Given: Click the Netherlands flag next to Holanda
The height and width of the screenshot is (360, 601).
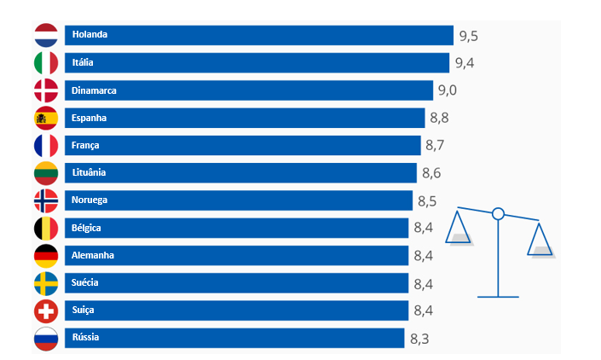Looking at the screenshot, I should tap(46, 36).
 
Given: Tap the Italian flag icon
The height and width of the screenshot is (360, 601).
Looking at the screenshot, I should tap(46, 63).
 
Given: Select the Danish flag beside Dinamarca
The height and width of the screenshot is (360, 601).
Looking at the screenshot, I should tap(46, 90).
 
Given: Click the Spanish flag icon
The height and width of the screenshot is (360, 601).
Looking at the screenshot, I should tap(46, 118).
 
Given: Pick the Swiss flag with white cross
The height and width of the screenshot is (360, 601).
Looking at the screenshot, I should tap(46, 311).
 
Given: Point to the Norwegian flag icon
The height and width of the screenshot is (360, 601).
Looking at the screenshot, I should tap(46, 200).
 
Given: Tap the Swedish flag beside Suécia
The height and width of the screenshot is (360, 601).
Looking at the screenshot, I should tap(46, 283).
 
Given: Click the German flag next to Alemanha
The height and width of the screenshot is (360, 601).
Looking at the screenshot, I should tap(46, 255).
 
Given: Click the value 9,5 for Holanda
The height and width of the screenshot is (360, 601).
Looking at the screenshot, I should tap(468, 36).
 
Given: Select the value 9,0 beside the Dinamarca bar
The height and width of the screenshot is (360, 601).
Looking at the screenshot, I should tap(448, 90).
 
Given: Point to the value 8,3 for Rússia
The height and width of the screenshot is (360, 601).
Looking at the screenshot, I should tap(419, 339).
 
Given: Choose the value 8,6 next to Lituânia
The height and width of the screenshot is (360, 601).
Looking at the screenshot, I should tap(431, 173).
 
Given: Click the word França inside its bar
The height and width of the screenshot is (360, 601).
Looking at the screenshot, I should tap(85, 145).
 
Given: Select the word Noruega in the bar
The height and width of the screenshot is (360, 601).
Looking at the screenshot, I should tap(90, 200).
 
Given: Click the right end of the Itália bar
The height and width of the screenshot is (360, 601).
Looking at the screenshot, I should tap(447, 63).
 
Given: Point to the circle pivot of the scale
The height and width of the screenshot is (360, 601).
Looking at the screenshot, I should tap(499, 213).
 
